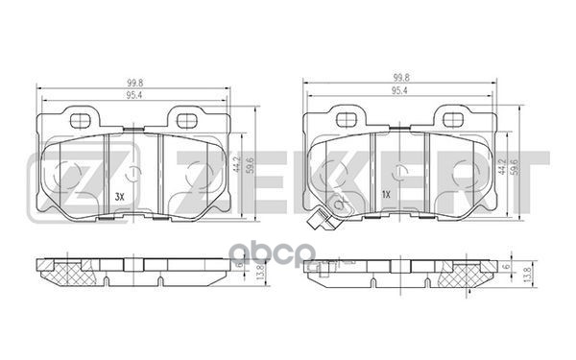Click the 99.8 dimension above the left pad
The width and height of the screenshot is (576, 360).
coord(134,83)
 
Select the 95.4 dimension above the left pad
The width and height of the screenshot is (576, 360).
coord(134,95)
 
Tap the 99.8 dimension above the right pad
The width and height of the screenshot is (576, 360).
coord(400,78)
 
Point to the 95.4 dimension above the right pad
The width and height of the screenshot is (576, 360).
coord(399,90)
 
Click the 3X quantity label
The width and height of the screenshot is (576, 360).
coord(120,197)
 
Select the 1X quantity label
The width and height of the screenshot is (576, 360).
coord(385,195)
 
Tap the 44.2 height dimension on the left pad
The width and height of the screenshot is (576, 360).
coord(237,164)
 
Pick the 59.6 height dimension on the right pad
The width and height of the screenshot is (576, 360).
coord(516,166)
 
